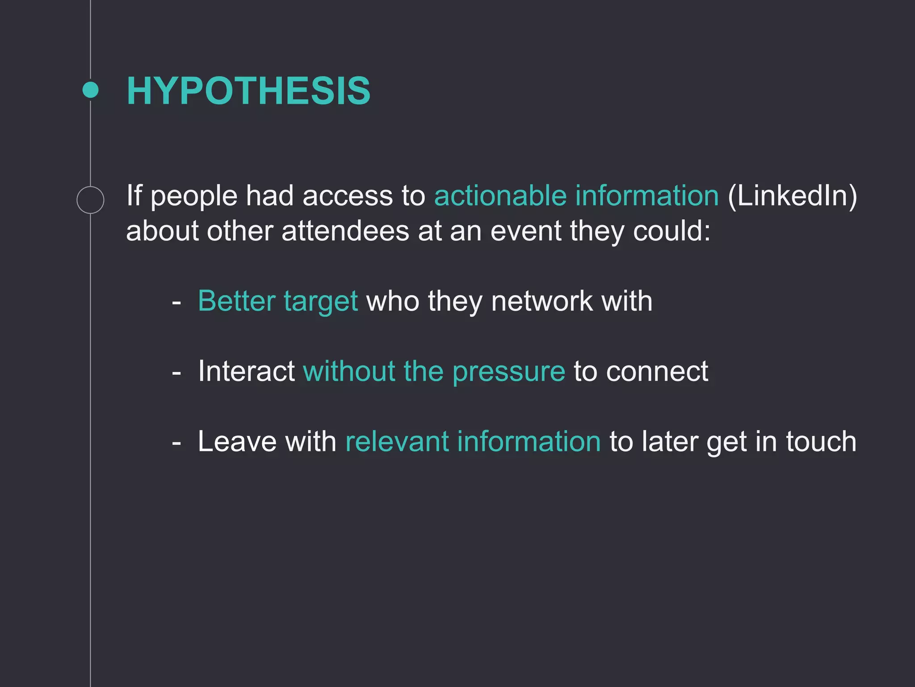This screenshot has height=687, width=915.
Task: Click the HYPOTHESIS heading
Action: point(248,91)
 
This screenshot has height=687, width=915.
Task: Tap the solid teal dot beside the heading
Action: point(91,90)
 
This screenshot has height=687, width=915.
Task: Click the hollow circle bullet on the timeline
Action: point(90,199)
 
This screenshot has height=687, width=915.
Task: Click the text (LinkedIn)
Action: point(792,196)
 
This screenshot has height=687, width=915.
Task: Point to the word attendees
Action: point(345,231)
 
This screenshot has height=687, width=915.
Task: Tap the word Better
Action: point(236,301)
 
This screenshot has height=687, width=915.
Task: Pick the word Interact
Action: point(246,371)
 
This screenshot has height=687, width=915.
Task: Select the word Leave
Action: point(237,441)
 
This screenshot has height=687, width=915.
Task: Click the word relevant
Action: point(396,441)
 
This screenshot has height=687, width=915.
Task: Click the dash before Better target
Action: point(176,302)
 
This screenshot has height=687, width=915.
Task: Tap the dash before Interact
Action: point(176,373)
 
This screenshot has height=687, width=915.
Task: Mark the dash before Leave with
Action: point(176,443)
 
